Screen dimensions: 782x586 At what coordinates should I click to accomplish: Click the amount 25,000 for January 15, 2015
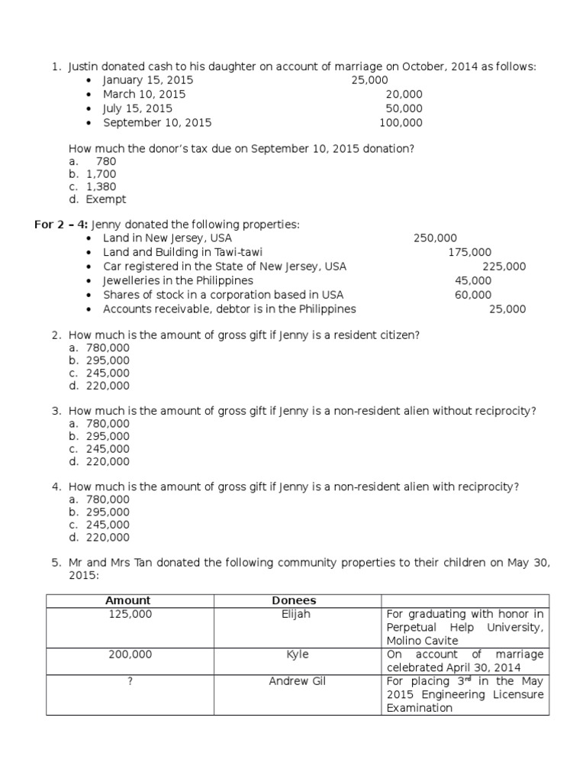point(369,80)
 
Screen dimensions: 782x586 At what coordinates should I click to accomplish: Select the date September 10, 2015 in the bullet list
point(157,122)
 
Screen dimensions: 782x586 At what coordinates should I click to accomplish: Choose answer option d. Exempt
point(97,199)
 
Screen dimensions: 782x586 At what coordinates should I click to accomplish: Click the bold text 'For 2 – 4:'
point(62,225)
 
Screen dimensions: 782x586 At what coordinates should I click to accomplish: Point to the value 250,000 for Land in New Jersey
point(435,238)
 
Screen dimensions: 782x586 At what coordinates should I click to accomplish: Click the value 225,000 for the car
point(504,267)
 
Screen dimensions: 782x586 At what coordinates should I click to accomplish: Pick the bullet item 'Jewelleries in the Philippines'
point(178,280)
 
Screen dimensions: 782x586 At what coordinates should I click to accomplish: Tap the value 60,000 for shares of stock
point(473,295)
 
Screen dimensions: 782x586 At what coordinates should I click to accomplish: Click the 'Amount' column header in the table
point(128,601)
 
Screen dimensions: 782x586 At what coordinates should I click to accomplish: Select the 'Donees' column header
point(294,601)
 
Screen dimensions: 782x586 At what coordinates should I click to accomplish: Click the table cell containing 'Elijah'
point(296,614)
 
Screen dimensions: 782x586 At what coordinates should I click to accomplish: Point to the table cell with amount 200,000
point(130,654)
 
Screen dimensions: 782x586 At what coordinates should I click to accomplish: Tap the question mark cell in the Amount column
point(130,680)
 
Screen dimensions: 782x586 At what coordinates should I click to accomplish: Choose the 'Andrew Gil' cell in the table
point(297,680)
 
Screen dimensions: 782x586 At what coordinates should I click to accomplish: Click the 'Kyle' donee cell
point(297,654)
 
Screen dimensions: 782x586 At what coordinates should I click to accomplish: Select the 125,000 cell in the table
point(130,614)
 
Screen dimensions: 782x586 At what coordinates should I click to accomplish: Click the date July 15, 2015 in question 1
point(137,108)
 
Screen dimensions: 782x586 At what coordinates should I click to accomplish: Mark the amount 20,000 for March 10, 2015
point(404,95)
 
